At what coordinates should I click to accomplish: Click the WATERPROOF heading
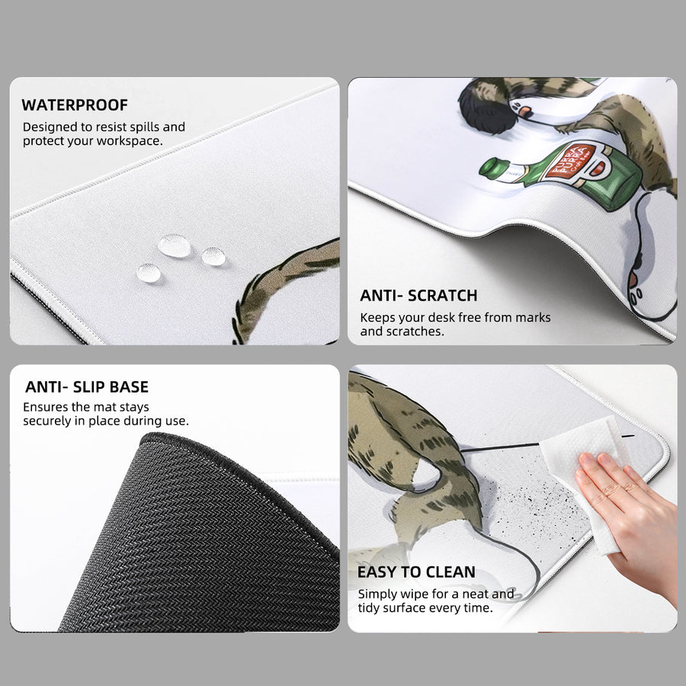[x=75, y=105]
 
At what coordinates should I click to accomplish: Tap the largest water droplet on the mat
[x=174, y=246]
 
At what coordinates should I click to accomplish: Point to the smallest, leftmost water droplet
[x=149, y=273]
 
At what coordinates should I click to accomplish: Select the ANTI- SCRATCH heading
[x=418, y=296]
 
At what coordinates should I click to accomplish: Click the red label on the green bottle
[x=569, y=162]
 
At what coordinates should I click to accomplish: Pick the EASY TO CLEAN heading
[x=416, y=572]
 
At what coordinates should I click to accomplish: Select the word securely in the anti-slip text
[x=43, y=422]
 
